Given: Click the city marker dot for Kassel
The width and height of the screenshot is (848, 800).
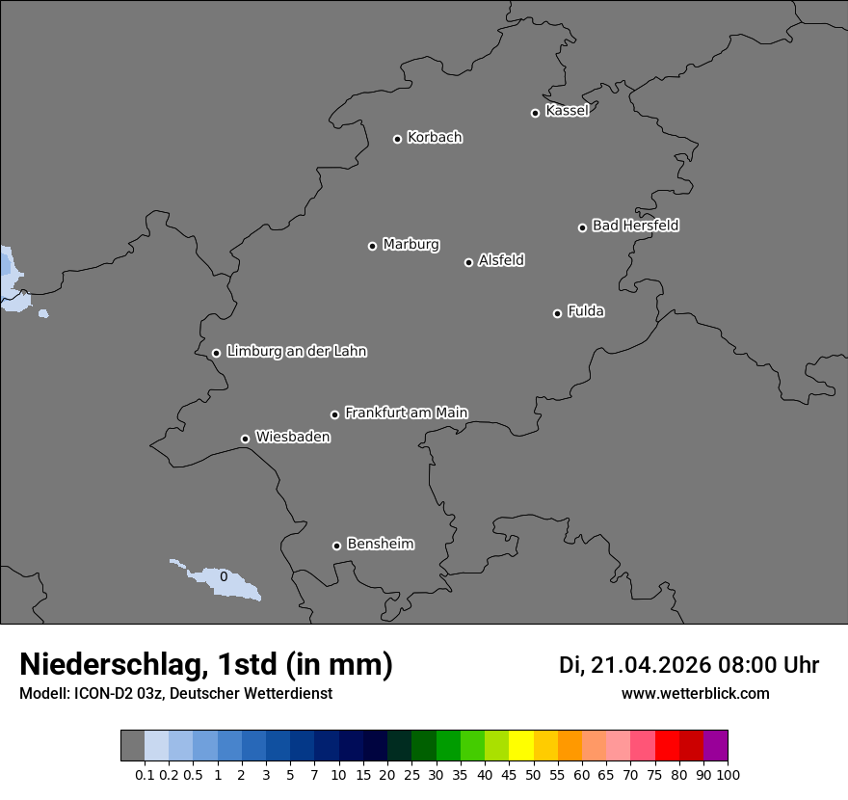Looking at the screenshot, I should click(x=535, y=113).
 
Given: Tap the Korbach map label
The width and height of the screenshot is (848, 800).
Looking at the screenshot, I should click(x=435, y=138).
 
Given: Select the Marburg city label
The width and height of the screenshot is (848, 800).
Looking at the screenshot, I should click(x=411, y=245).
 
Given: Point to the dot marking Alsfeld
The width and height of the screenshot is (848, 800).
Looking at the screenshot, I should click(x=468, y=262).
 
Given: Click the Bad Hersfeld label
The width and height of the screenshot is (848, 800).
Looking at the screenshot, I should click(x=635, y=226).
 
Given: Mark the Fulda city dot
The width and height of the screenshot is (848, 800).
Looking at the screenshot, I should click(x=557, y=313).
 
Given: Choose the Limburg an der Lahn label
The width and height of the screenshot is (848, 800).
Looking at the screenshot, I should click(x=296, y=352).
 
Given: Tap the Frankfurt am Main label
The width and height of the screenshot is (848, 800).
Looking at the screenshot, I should click(x=406, y=413).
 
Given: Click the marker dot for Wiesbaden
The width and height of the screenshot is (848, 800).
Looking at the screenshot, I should click(x=245, y=439).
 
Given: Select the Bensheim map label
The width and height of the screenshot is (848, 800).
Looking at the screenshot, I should click(x=380, y=544).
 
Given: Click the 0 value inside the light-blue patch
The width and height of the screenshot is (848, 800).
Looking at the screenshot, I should click(x=224, y=576).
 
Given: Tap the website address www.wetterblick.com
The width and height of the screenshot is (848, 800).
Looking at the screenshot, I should click(x=696, y=694).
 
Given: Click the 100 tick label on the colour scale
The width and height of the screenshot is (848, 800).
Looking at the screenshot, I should click(x=729, y=774).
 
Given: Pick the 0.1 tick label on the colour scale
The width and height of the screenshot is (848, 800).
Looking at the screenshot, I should click(x=145, y=774).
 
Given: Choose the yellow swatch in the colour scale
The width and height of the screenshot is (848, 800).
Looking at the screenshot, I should click(x=521, y=746).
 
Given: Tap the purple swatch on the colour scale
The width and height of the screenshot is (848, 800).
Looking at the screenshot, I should click(x=716, y=746).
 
